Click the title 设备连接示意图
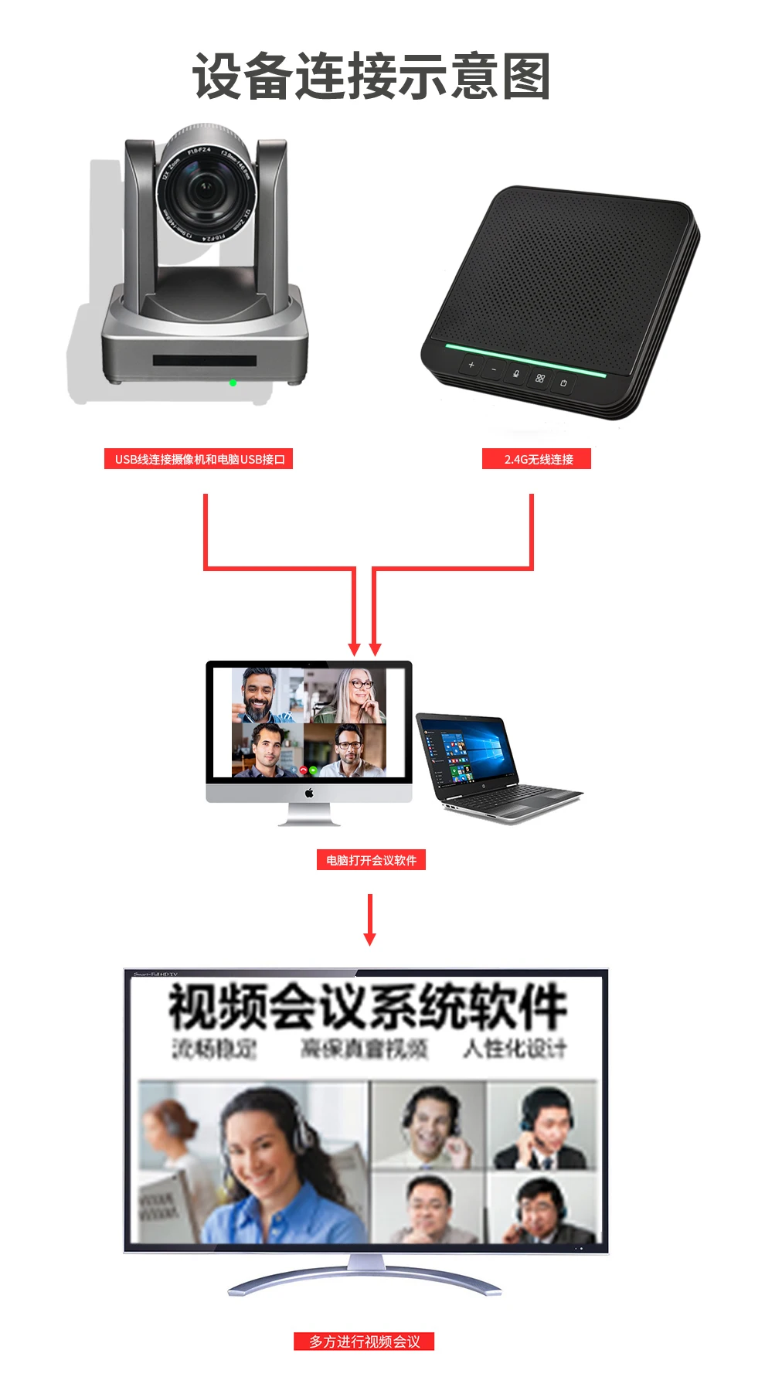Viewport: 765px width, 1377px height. pyautogui.click(x=371, y=76)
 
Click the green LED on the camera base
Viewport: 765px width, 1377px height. pyautogui.click(x=233, y=382)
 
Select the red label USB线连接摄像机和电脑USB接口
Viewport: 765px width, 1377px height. pyautogui.click(x=199, y=459)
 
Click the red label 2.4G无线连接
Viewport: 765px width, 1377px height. pyautogui.click(x=537, y=459)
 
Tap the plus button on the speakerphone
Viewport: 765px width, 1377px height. pyautogui.click(x=471, y=365)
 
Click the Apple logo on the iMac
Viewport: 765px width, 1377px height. pyautogui.click(x=309, y=793)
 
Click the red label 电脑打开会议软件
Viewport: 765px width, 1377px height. pyautogui.click(x=371, y=860)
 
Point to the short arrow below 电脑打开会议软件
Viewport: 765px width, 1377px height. pyautogui.click(x=370, y=920)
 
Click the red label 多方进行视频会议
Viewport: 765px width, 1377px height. pyautogui.click(x=364, y=1341)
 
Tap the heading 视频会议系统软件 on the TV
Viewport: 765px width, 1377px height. pyautogui.click(x=368, y=1007)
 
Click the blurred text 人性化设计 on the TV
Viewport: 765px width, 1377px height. pyautogui.click(x=515, y=1049)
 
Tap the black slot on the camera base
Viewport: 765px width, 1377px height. pyautogui.click(x=204, y=360)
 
